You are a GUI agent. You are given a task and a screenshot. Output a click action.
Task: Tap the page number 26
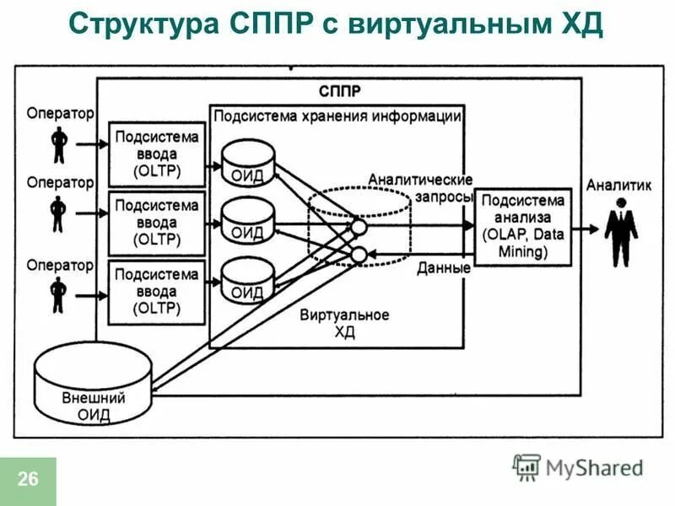click(x=27, y=481)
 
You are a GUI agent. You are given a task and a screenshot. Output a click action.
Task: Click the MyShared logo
click(x=578, y=466)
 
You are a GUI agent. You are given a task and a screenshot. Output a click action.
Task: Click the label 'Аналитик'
click(x=618, y=186)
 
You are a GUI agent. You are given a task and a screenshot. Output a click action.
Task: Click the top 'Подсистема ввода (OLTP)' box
click(x=157, y=154)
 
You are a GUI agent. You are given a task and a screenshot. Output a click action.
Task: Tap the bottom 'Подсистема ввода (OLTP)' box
click(x=157, y=290)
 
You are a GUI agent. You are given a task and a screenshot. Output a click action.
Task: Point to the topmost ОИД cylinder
click(x=248, y=162)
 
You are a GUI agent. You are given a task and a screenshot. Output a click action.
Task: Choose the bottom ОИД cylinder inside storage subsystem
click(x=248, y=280)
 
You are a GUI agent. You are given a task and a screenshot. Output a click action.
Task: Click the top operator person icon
click(x=58, y=143)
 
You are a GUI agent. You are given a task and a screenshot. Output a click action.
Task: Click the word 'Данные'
click(x=444, y=269)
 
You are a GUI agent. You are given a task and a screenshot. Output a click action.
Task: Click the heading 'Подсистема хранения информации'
click(x=337, y=116)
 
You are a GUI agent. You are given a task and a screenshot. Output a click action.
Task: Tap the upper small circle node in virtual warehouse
click(x=359, y=226)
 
